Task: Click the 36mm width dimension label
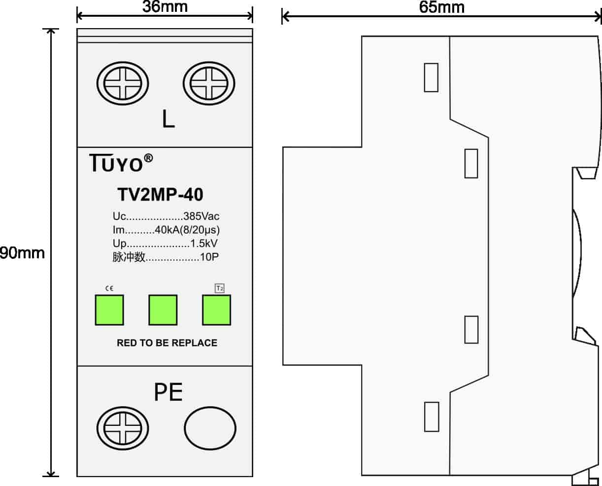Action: [165, 7]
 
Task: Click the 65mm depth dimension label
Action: [442, 7]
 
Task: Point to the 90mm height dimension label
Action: [22, 253]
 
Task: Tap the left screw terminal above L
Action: [123, 83]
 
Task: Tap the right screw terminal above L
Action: [209, 83]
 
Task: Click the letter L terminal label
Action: [168, 119]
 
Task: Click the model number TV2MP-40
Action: [160, 194]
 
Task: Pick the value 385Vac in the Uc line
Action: [201, 216]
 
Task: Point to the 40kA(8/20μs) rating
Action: [187, 230]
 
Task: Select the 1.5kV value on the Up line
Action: [203, 243]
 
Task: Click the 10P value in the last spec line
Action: [209, 257]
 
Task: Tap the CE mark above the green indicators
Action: [109, 288]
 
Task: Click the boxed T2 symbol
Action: [220, 288]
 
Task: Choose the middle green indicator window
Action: [163, 310]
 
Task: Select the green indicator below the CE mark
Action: [109, 310]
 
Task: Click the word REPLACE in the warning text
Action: [197, 343]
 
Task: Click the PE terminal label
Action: [168, 392]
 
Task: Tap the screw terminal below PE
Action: [123, 428]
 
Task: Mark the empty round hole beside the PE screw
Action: [210, 428]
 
